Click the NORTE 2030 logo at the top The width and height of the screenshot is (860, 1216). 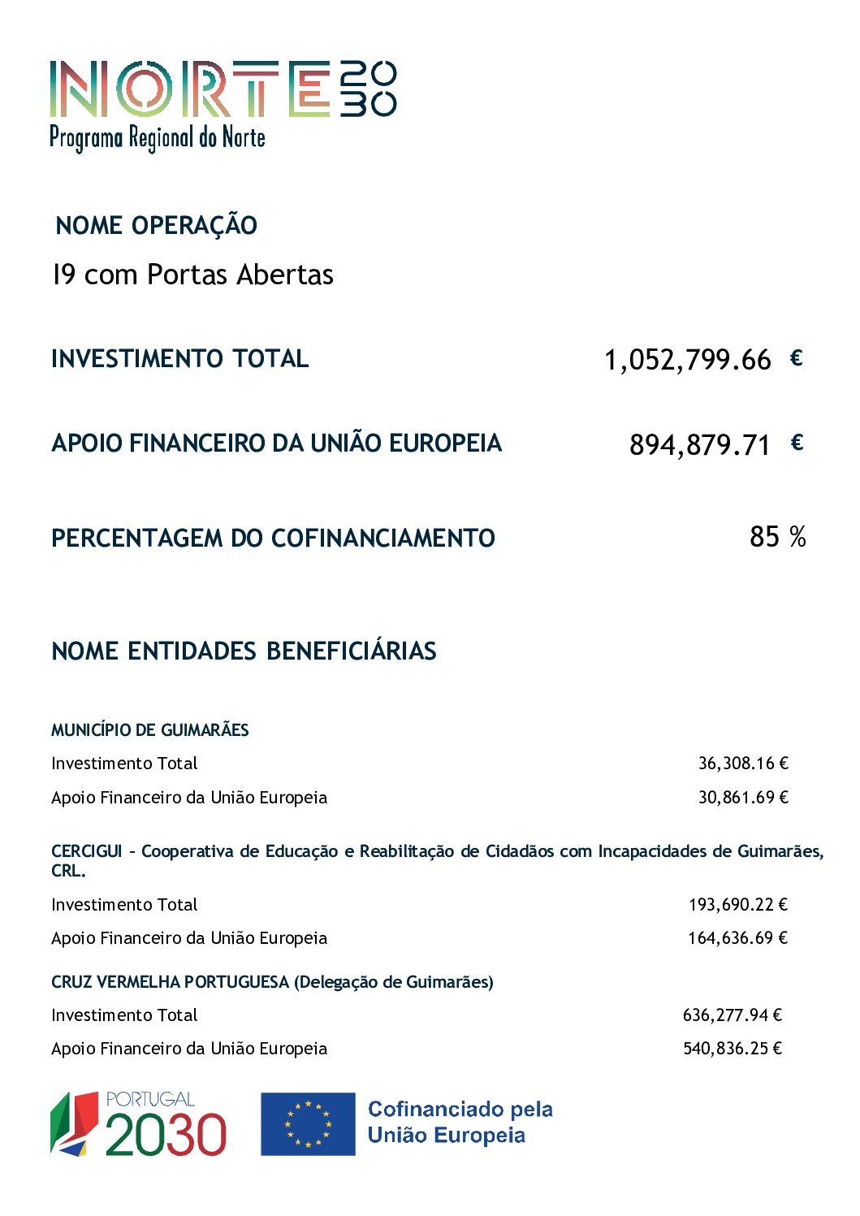[222, 104]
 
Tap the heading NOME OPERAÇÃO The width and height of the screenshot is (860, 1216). [156, 225]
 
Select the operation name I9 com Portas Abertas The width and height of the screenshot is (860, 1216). [192, 275]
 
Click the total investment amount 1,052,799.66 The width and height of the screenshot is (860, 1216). [687, 359]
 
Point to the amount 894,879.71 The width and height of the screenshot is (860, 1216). [699, 444]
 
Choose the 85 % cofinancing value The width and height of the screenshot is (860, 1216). [776, 536]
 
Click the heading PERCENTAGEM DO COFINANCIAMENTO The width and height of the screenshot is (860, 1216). [273, 538]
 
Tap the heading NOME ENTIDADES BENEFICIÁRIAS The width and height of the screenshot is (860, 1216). [244, 651]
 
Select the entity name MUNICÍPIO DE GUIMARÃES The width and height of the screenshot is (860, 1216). [149, 729]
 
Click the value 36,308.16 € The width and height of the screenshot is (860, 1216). [743, 763]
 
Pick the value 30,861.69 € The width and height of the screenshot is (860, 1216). [743, 797]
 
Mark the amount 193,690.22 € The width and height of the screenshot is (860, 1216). [738, 904]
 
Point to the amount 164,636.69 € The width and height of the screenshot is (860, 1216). [737, 937]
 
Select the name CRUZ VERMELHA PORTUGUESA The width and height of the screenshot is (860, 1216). [170, 981]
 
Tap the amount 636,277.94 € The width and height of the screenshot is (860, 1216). [732, 1015]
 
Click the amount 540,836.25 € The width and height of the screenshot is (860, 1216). [732, 1048]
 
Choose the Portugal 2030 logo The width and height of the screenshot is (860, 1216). [138, 1123]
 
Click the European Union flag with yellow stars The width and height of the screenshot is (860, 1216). [308, 1123]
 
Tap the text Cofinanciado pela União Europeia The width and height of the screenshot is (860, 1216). [460, 1122]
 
